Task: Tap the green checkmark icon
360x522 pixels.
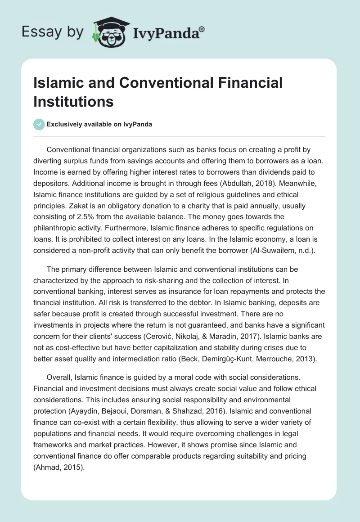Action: (x=39, y=124)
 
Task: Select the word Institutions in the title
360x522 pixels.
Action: (x=74, y=101)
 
